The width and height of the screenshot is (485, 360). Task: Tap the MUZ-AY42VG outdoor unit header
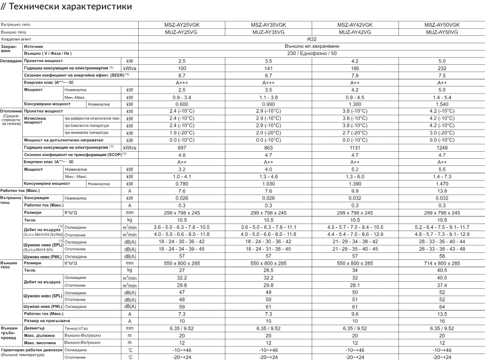[x=355, y=32]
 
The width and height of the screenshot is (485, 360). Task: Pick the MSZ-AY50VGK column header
[x=441, y=25]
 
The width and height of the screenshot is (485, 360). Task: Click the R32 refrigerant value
[x=311, y=39]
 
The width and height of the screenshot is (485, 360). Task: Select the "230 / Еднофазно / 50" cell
[x=311, y=53]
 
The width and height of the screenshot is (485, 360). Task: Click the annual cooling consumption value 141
[x=268, y=67]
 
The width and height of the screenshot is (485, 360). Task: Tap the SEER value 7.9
[x=355, y=75]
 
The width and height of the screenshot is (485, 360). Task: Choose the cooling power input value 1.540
[x=441, y=103]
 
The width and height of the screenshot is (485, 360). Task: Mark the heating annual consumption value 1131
[x=355, y=147]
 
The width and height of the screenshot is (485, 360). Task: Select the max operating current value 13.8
[x=441, y=190]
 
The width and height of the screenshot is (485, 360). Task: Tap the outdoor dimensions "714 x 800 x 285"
[x=441, y=262]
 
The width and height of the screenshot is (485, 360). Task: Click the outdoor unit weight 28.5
[x=268, y=270]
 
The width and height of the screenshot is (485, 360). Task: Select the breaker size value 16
[x=441, y=321]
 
